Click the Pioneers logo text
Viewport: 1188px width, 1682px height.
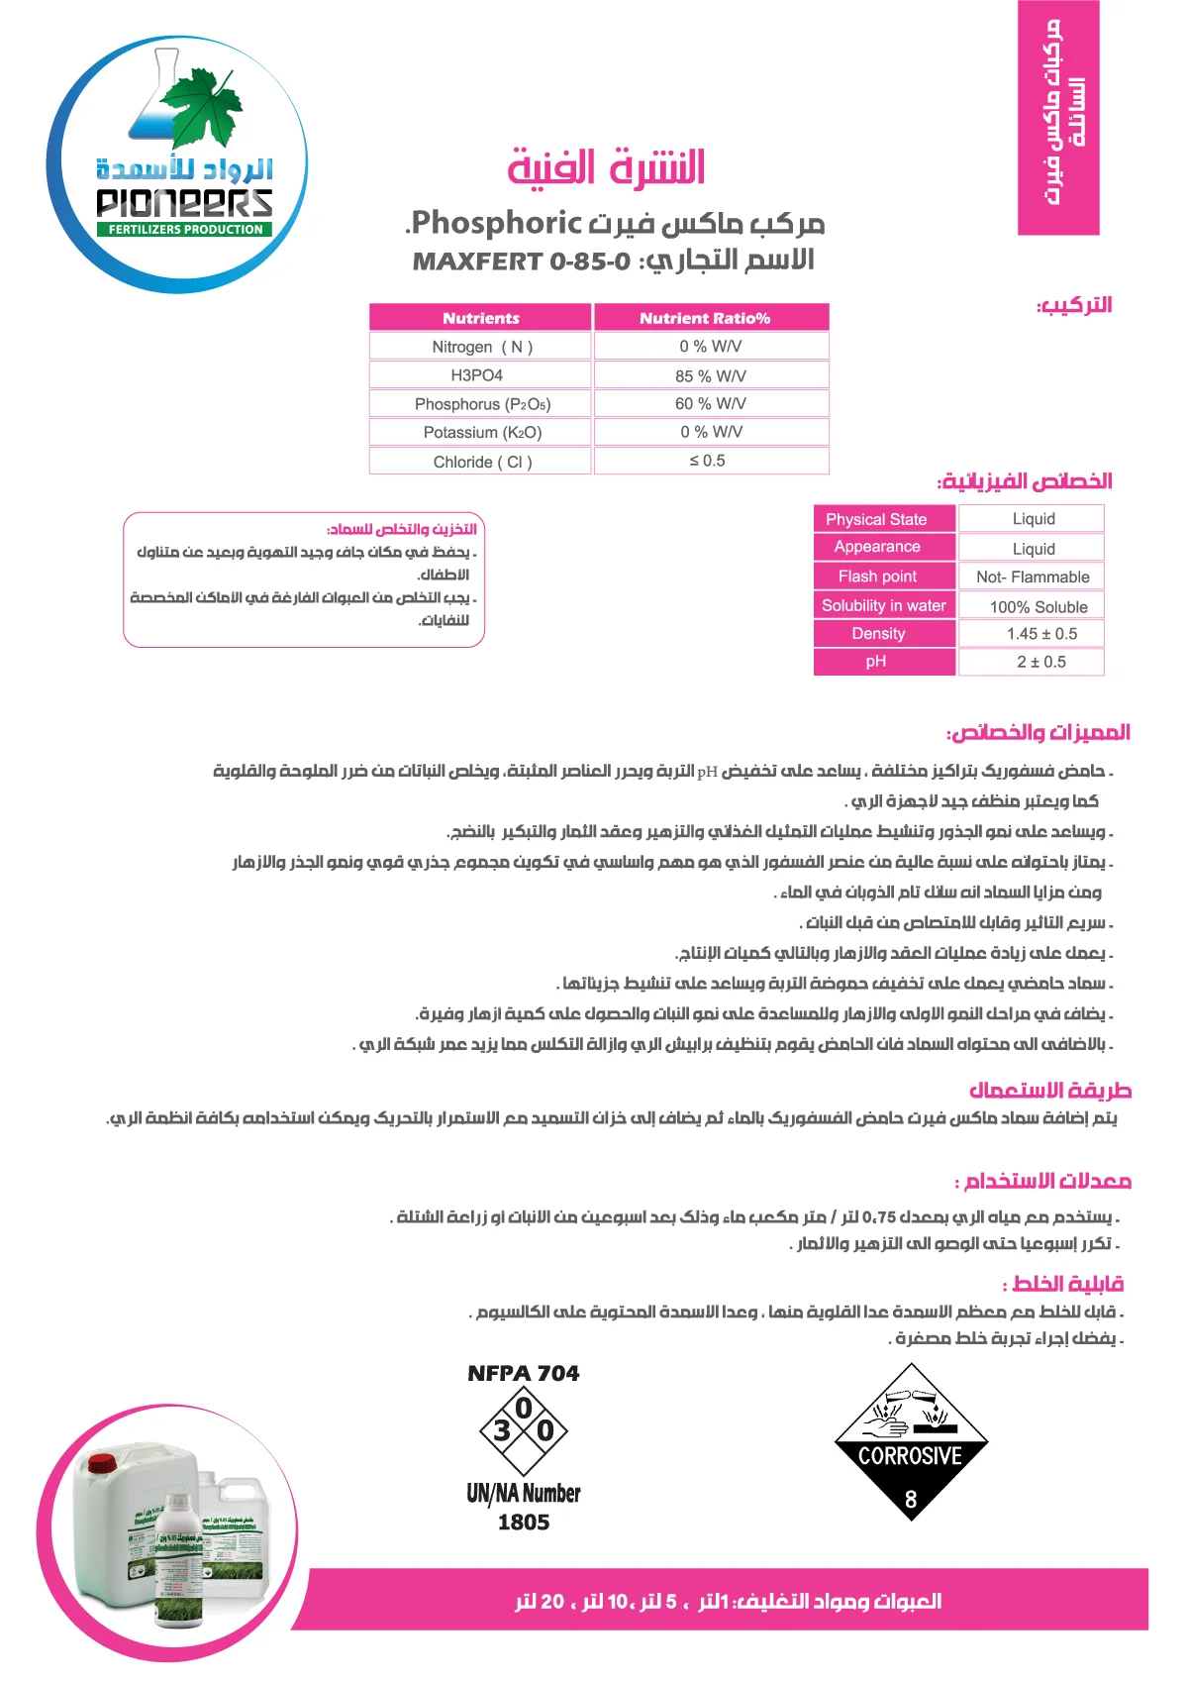pos(184,202)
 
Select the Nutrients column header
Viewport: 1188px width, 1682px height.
pos(480,318)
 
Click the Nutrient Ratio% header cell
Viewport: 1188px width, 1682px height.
pos(705,318)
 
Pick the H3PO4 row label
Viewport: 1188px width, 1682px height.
pos(477,375)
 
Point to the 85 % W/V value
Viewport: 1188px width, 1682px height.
pos(711,376)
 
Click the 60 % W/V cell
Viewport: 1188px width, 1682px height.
pos(711,404)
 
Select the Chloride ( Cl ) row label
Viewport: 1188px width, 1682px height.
pos(482,462)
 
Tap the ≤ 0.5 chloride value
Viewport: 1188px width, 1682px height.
pos(708,461)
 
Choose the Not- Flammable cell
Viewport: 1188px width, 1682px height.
pos(1033,577)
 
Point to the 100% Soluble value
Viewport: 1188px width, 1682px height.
pos(1039,607)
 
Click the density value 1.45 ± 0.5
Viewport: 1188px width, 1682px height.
pos(1041,634)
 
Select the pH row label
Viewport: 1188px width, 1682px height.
pos(876,662)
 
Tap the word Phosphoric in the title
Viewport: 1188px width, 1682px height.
pos(496,223)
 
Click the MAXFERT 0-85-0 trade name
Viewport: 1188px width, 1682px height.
pos(522,262)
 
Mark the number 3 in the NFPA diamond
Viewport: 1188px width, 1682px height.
pos(502,1430)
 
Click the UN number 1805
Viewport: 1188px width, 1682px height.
pos(524,1523)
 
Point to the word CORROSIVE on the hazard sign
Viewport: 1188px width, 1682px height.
pos(910,1456)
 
